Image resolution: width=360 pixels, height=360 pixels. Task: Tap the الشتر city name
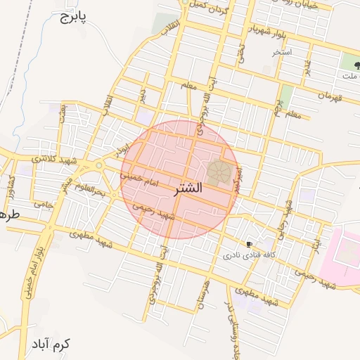(x=186, y=188)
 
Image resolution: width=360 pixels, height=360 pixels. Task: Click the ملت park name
(x=349, y=75)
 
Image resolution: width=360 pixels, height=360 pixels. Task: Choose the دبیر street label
(x=143, y=94)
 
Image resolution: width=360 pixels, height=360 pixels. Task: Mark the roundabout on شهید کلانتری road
(x=99, y=165)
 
